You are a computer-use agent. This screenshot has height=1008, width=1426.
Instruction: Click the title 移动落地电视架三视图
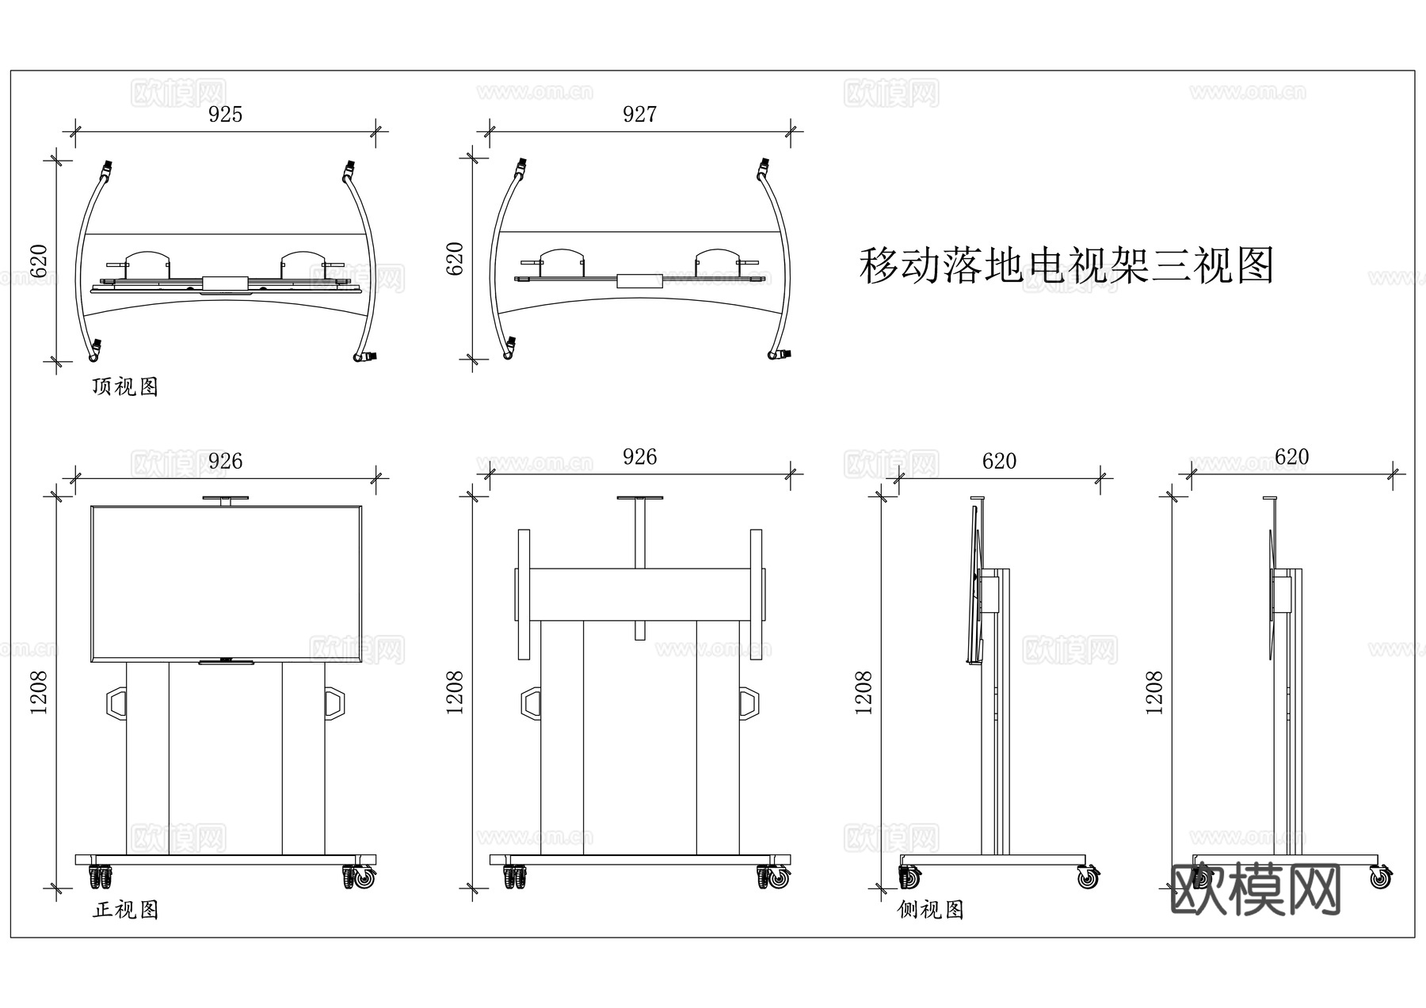click(1066, 266)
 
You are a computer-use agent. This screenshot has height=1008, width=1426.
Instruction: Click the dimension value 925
click(225, 116)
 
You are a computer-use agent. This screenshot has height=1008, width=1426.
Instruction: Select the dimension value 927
click(639, 116)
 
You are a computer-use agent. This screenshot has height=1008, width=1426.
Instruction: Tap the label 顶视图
click(125, 387)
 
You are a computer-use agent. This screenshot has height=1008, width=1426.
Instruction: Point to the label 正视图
click(125, 910)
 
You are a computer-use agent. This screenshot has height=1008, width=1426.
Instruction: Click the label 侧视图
click(930, 910)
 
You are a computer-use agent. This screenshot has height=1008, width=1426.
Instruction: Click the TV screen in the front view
click(226, 583)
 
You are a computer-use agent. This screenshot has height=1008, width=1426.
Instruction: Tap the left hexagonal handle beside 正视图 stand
click(116, 703)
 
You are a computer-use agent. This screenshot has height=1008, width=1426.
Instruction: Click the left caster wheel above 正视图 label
click(100, 877)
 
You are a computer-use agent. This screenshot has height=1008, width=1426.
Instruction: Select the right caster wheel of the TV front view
click(361, 877)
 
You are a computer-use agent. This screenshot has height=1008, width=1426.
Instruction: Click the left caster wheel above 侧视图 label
click(909, 877)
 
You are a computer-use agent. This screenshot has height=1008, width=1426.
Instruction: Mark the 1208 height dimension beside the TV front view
click(40, 693)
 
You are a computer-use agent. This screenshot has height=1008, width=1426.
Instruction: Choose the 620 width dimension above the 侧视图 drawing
click(998, 462)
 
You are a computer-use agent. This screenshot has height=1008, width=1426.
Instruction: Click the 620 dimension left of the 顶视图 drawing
click(40, 261)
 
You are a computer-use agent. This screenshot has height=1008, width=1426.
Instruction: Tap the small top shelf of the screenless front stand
click(640, 498)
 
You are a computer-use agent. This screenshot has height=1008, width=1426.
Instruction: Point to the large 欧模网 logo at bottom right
click(1255, 889)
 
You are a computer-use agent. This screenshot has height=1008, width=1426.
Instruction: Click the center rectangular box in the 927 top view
click(639, 280)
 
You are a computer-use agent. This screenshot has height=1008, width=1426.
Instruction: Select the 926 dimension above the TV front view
click(225, 462)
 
